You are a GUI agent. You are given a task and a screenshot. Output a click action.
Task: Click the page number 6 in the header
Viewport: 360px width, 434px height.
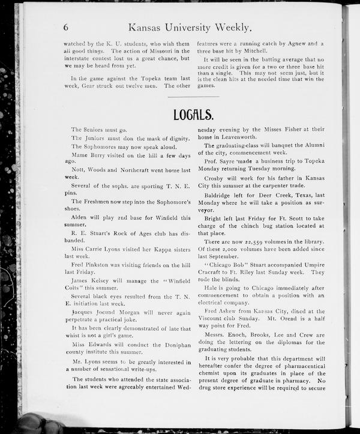pos(65,26)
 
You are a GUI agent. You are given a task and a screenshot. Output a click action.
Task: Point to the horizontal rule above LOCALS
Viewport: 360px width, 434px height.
pos(193,97)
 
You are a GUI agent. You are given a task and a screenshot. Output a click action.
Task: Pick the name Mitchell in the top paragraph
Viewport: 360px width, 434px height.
pos(253,51)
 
